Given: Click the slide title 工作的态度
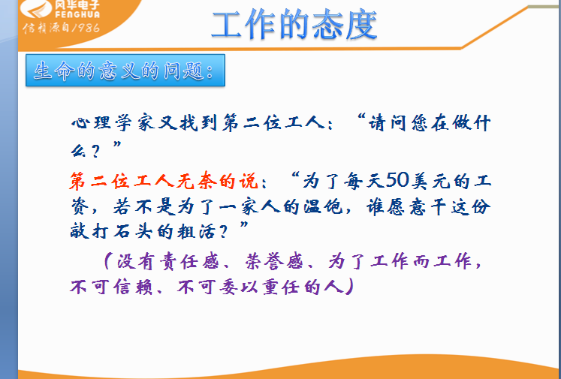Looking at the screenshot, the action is tap(294, 24).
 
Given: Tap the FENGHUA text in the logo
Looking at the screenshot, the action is tap(77, 15).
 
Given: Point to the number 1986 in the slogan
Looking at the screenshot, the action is tap(86, 28).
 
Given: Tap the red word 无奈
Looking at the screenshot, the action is tap(196, 181).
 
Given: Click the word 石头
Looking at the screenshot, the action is tap(134, 233).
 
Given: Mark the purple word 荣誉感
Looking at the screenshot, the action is tap(274, 262).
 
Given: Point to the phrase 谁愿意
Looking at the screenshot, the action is tap(398, 207).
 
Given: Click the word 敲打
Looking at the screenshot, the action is tap(90, 233).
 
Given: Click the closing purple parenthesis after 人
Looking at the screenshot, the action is tap(348, 287).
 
